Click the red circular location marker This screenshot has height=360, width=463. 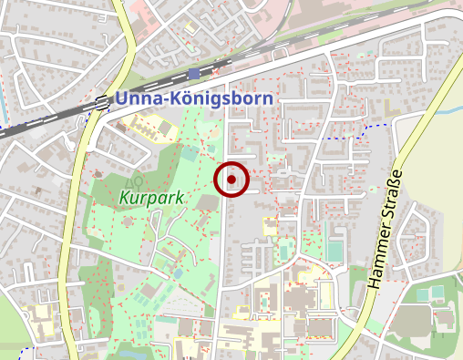[232, 180]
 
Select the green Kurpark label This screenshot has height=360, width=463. [151, 197]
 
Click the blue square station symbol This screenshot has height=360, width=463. [193, 73]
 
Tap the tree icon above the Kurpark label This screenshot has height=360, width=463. [136, 179]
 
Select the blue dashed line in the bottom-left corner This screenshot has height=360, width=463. [18, 348]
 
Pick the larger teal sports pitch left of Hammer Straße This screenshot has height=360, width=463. [335, 249]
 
